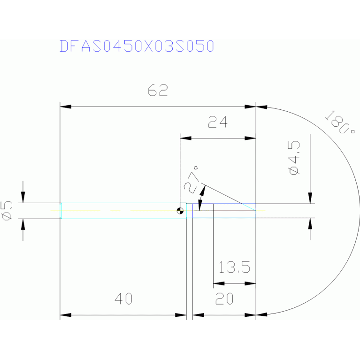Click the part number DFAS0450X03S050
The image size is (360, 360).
(137, 46)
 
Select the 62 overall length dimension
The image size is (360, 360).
(158, 90)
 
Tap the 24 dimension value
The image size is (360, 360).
(217, 123)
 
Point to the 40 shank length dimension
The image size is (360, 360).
(123, 299)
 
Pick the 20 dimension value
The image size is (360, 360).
(225, 299)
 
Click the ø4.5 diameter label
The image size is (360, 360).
(295, 158)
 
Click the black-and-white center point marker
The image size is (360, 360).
(180, 211)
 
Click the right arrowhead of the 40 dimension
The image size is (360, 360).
(182, 314)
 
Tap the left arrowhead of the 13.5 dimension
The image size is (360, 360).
(218, 283)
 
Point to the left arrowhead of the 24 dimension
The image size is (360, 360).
(186, 138)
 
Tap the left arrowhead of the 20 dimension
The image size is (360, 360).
(198, 314)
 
